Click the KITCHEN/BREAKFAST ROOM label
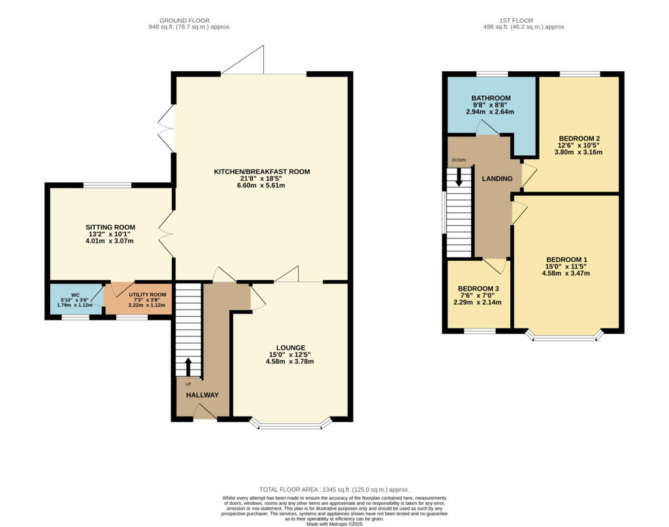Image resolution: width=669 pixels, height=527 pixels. tap(261, 172)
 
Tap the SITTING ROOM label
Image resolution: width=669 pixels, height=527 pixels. tap(111, 227)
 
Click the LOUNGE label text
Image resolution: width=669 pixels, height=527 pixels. tap(290, 347)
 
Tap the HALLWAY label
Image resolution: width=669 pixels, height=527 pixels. tap(203, 395)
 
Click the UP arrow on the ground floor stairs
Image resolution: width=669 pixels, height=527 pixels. tap(189, 366)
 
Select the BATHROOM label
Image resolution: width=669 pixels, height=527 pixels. tap(491, 98)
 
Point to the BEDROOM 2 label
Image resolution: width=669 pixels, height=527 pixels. tap(579, 138)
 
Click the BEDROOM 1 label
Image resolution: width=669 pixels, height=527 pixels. tap(566, 259)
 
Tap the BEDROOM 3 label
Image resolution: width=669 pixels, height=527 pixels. tap(478, 289)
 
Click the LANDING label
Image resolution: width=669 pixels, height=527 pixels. tap(497, 179)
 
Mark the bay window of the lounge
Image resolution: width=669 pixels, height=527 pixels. tap(290, 426)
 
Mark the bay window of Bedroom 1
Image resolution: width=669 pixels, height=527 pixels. tap(565, 338)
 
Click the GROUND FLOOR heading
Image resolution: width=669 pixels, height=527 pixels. tap(189, 21)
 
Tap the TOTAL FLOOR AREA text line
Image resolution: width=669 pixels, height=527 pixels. tap(334, 489)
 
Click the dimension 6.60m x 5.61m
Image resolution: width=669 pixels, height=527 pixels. tap(261, 185)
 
